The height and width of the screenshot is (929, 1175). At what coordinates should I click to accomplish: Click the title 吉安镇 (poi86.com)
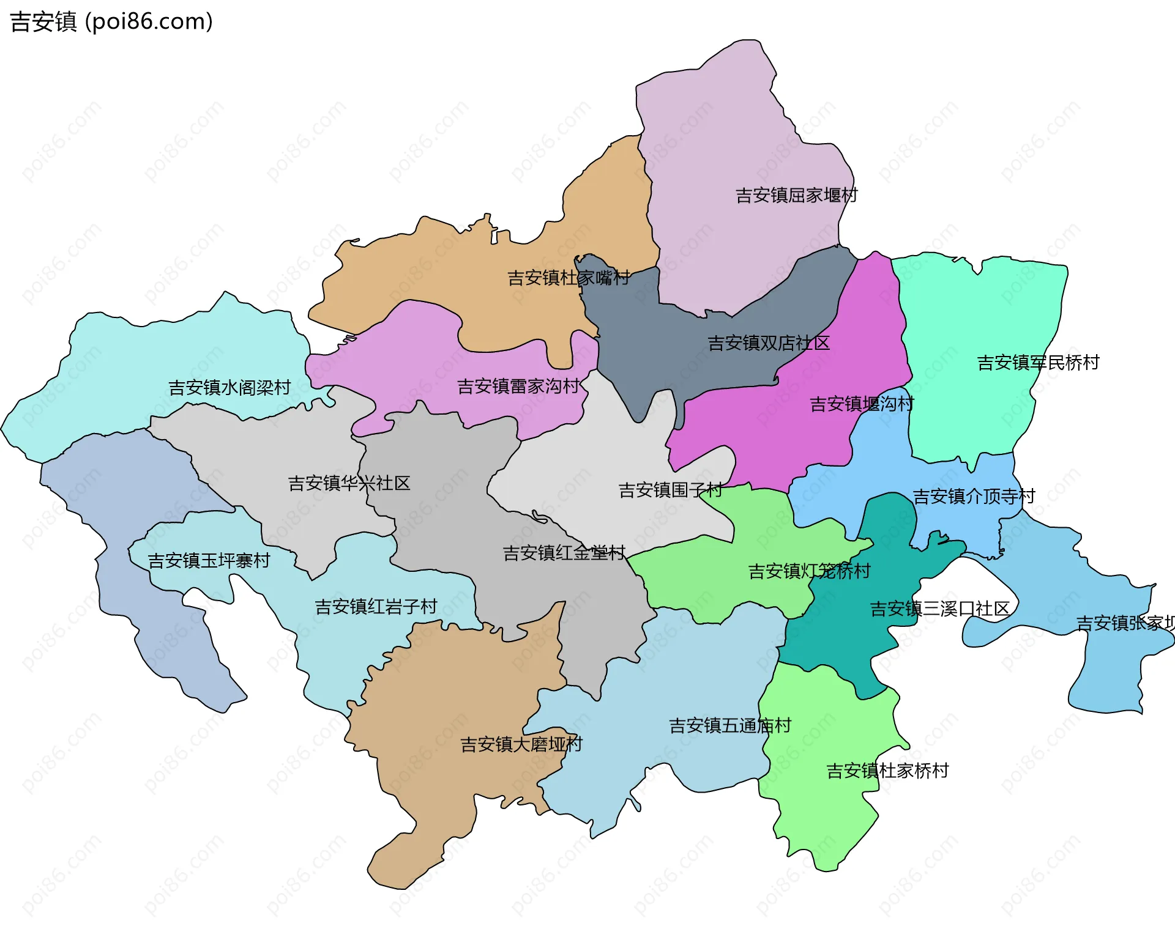111,22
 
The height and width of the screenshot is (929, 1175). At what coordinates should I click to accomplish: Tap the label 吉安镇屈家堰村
796,196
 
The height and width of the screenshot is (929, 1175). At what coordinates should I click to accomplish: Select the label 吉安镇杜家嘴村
569,278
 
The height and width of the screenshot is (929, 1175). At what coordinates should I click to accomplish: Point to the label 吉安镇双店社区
769,343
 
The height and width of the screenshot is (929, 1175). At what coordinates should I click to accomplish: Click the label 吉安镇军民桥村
1038,363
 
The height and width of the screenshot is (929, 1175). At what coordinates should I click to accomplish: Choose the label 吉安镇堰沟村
862,404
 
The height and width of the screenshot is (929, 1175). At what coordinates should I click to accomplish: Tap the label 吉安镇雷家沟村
518,387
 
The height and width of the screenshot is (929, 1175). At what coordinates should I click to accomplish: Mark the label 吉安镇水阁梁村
229,388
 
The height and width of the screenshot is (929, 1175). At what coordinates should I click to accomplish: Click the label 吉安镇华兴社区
349,484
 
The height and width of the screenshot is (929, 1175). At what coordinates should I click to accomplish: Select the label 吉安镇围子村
671,490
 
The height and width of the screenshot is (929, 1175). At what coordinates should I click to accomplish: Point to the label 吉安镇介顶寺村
974,497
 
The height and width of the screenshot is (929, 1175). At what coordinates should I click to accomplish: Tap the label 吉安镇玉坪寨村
209,561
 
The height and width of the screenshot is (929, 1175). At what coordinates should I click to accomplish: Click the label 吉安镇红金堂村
564,553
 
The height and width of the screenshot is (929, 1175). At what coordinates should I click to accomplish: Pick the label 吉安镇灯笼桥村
809,571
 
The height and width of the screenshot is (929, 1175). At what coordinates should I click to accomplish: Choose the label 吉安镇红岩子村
376,607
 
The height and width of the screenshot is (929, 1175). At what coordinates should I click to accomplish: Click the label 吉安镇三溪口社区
939,609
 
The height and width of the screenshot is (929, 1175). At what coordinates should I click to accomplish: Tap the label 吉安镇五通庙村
730,726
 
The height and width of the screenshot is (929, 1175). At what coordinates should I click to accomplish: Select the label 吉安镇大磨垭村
521,745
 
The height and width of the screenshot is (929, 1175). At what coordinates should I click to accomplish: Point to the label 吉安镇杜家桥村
887,771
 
